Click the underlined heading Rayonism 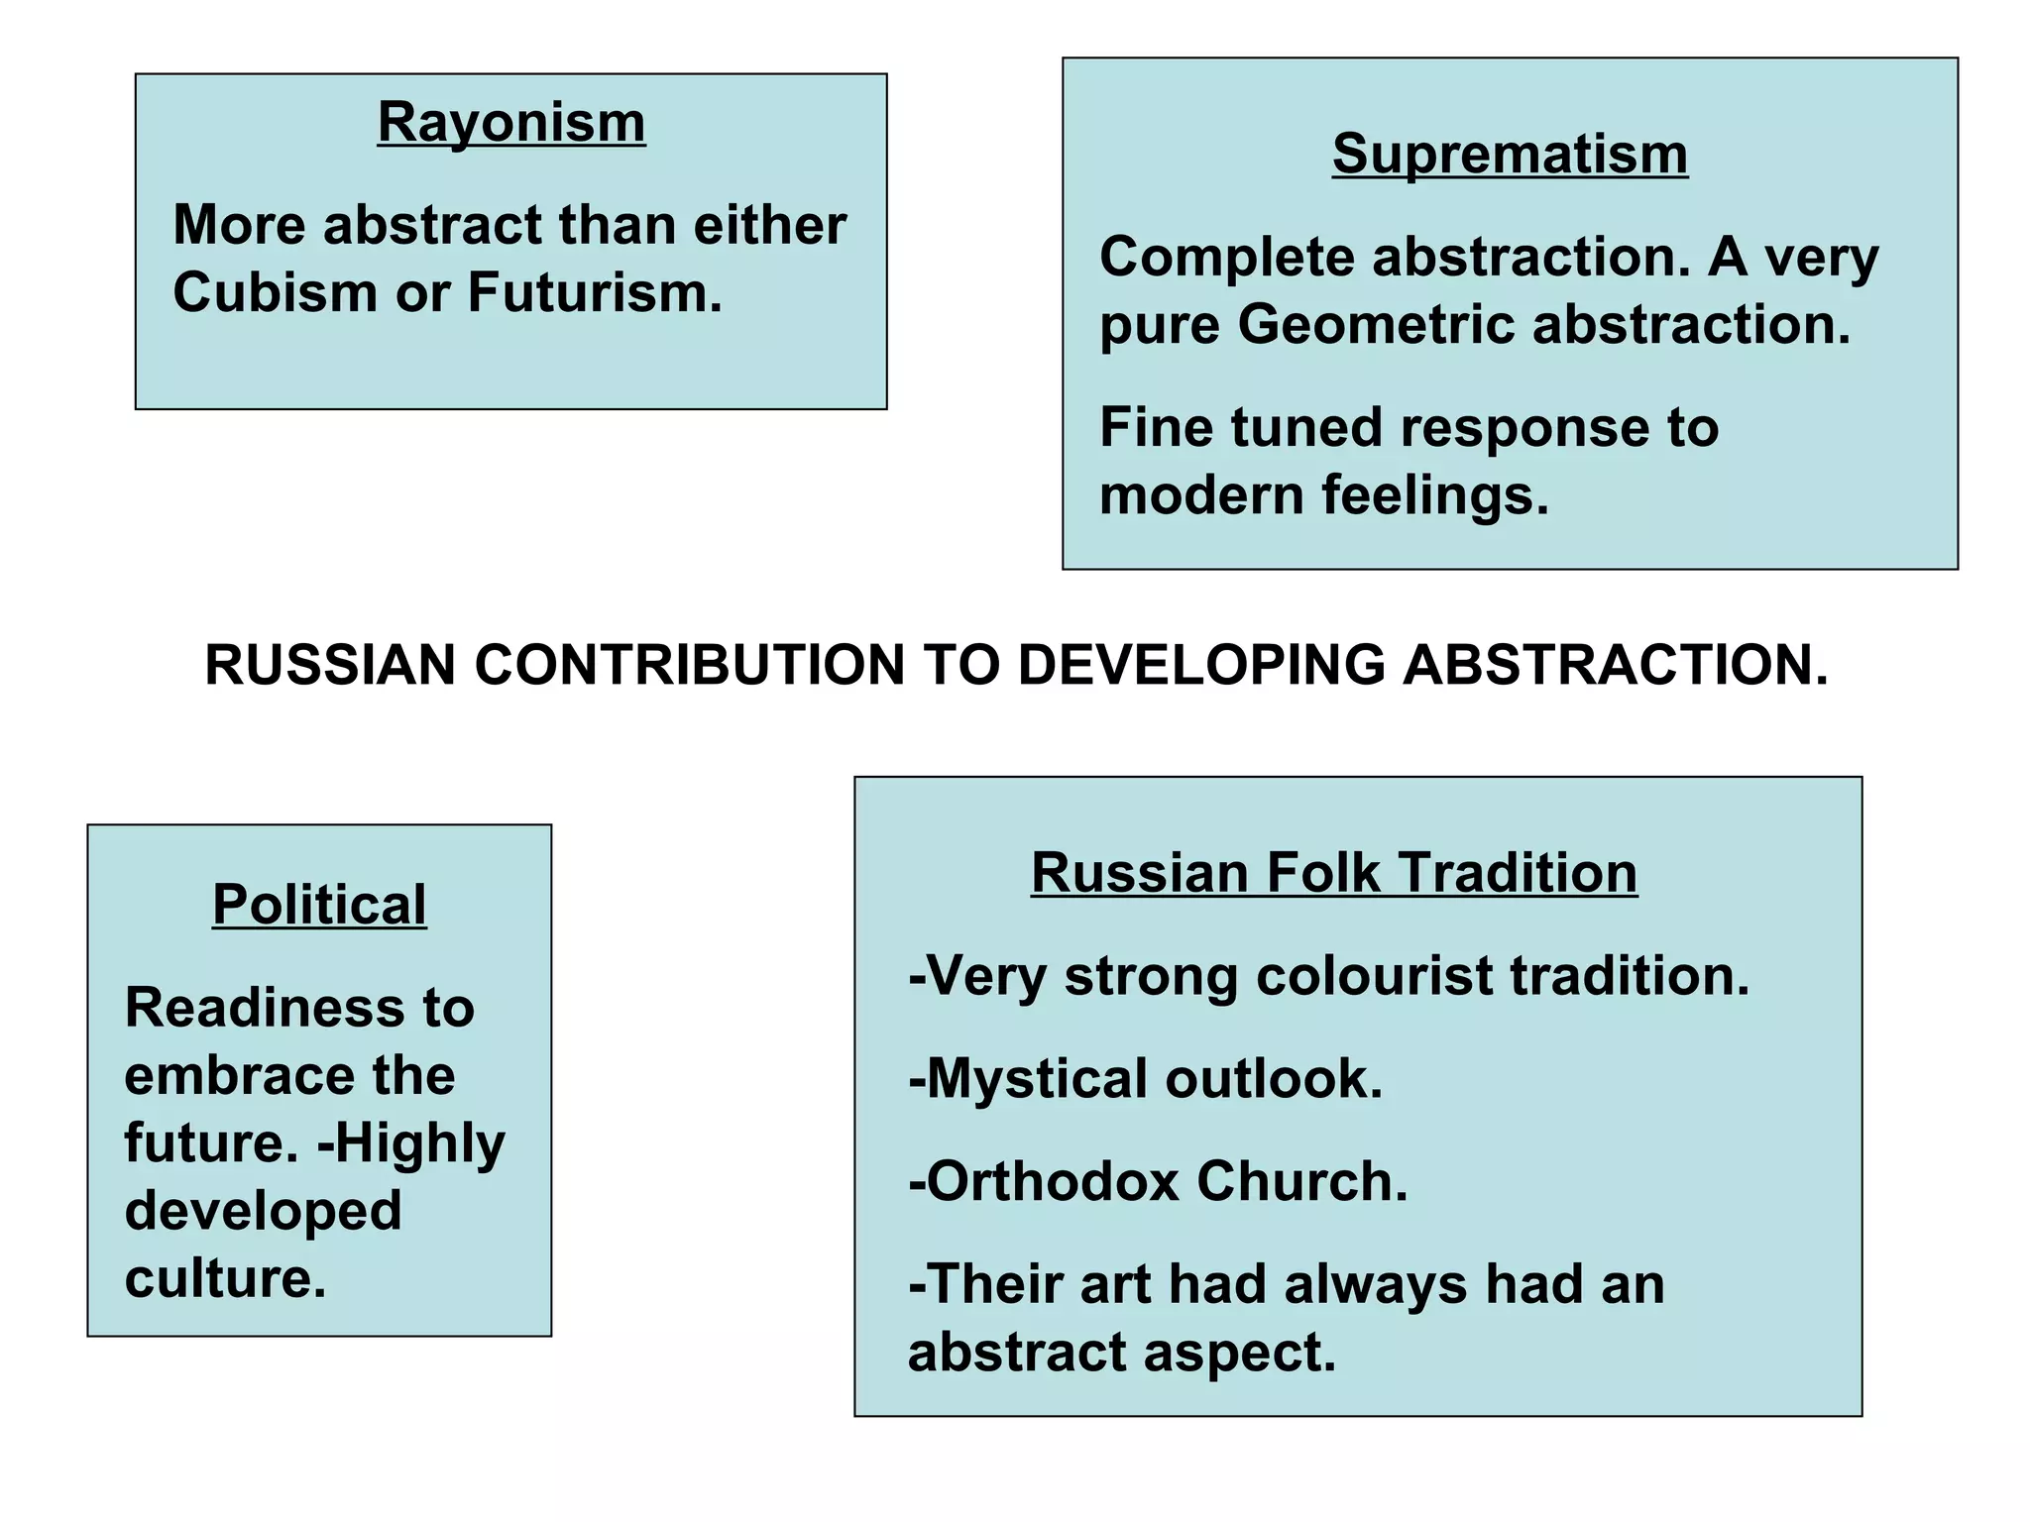pos(510,123)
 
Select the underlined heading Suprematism pos(1509,155)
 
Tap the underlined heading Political pos(319,905)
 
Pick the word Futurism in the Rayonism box pos(595,293)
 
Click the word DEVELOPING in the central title pos(1200,665)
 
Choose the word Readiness pos(265,1008)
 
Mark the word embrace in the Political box pos(239,1076)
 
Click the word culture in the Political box pos(225,1278)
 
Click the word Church pos(1302,1182)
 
